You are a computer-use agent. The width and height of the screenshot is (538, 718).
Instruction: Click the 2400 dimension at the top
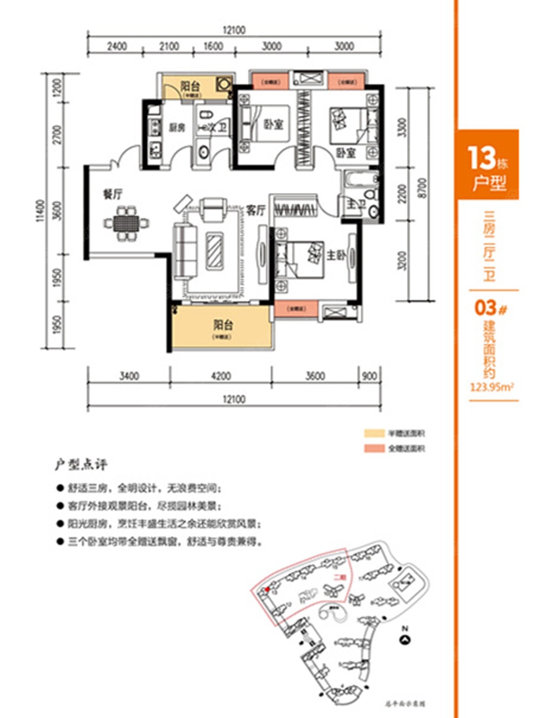(x=118, y=47)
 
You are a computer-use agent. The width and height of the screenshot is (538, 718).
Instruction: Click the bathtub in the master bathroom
(x=357, y=179)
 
